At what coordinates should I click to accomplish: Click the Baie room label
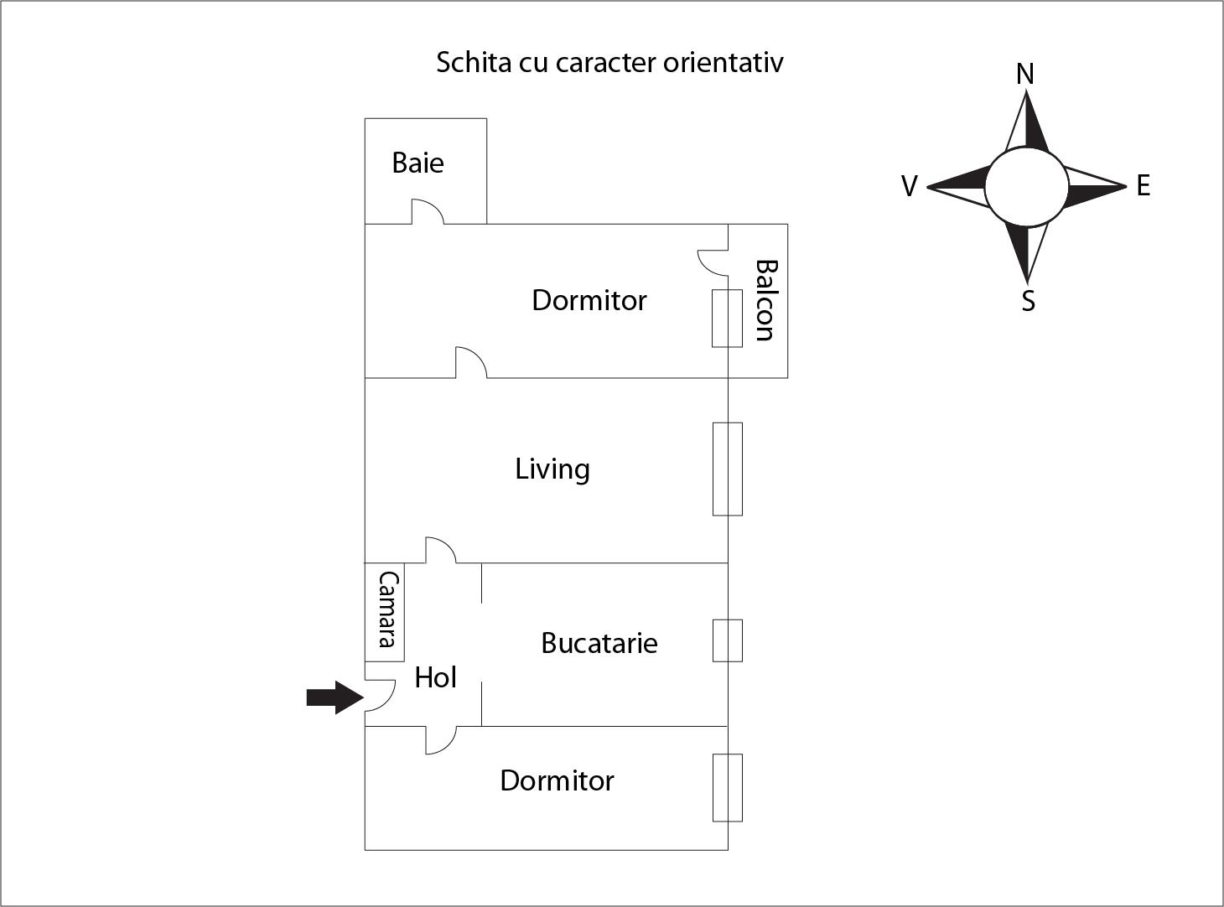click(418, 163)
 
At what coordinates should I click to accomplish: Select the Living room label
click(552, 469)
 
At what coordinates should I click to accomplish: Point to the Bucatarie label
click(599, 643)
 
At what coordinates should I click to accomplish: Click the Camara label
click(386, 609)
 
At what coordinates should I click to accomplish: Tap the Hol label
click(435, 677)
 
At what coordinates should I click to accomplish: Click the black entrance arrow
click(334, 697)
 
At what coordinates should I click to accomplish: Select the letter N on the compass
click(1024, 75)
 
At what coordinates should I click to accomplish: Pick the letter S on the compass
click(1028, 301)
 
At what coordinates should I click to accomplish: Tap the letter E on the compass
click(1143, 186)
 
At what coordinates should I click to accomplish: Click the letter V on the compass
click(909, 186)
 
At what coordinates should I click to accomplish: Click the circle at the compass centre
click(1026, 187)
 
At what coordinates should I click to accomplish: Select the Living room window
click(727, 469)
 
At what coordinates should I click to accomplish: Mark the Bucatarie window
click(727, 640)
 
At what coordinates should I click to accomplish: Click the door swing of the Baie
click(427, 211)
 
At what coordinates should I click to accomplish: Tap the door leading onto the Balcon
click(713, 262)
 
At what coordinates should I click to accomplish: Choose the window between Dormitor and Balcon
click(727, 319)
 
